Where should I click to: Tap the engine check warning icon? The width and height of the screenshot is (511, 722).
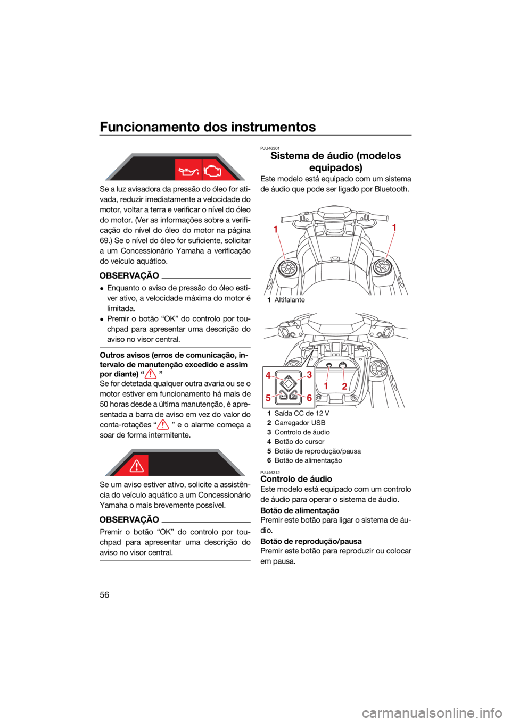pos(212,170)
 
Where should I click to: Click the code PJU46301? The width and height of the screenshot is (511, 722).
pos(270,148)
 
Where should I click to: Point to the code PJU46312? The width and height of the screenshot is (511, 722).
pos(270,473)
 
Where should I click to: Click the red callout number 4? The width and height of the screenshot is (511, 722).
pos(268,375)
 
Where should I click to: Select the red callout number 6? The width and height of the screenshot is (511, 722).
pos(309,398)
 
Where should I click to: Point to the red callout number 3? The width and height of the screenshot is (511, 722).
pos(309,375)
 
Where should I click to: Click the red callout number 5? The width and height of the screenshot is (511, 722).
pos(268,398)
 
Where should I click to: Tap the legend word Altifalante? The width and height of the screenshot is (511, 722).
pos(290,300)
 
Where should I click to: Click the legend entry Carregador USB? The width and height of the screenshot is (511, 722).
pos(300,423)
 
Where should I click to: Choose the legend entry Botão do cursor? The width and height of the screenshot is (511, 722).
pos(299,442)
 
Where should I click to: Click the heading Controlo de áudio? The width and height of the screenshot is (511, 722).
pos(296,479)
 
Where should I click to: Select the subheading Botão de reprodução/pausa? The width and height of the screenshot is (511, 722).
pos(311,541)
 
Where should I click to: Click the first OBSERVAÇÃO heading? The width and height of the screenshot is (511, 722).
pos(129,276)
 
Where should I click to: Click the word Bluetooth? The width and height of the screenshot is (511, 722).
pos(392,189)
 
